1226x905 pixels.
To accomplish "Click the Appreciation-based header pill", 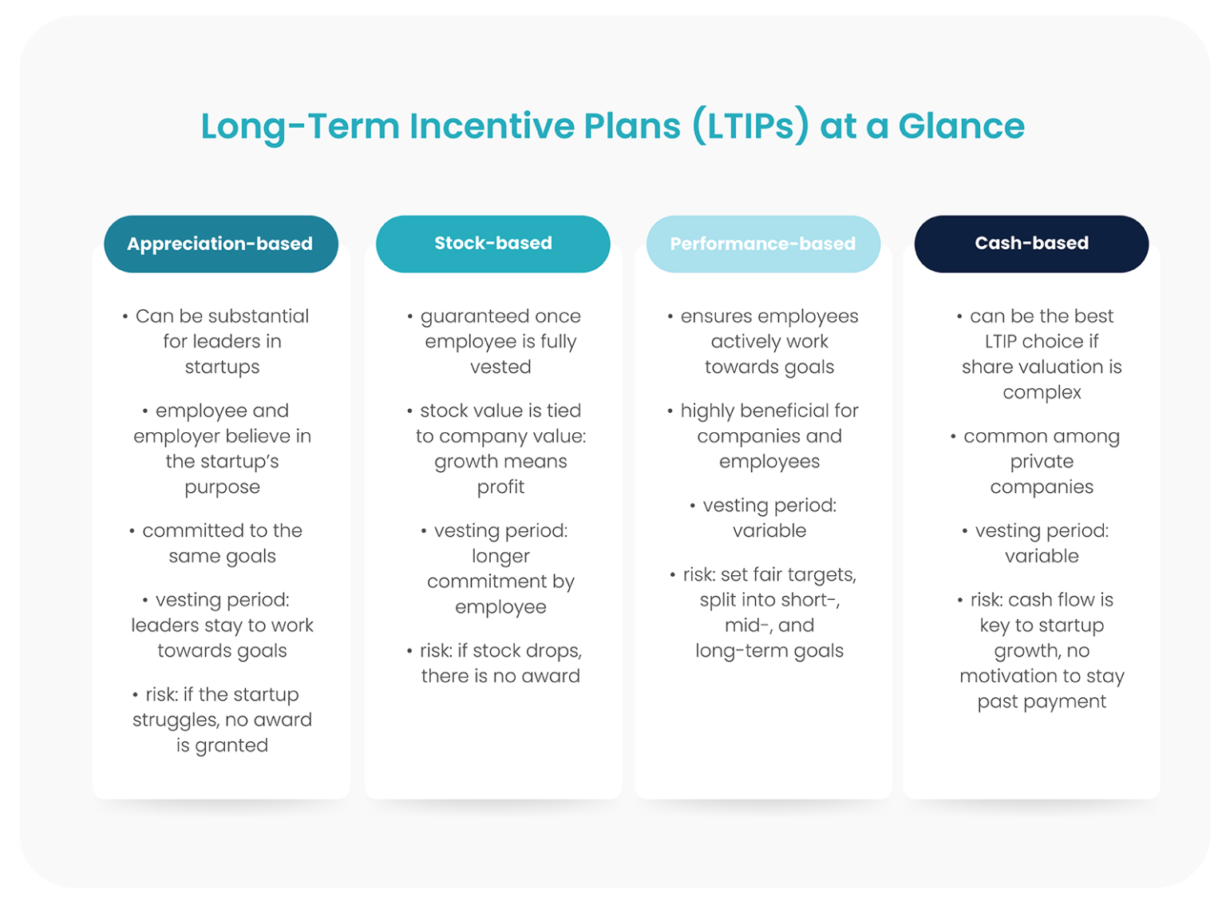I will point(220,244).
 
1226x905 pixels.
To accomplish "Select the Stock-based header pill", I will point(492,244).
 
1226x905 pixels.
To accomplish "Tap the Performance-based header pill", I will point(762,244).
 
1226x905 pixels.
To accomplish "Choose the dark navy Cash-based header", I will point(1031,244).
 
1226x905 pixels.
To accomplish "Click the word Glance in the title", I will point(961,126).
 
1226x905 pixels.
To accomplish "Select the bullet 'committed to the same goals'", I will point(222,543).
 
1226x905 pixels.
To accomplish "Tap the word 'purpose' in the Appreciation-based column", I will point(222,487).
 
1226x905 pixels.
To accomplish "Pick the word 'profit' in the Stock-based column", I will point(500,487).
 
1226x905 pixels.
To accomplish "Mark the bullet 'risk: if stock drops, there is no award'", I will point(500,663).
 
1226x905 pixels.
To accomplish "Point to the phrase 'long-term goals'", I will point(769,651).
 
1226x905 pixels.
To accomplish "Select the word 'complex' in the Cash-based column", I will point(1042,392).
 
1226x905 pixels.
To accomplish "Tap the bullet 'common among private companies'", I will point(1042,462).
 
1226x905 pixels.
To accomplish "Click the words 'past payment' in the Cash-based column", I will point(1042,701).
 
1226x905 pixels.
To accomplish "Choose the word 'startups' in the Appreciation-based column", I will point(222,367).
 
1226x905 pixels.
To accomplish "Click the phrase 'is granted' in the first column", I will point(222,745).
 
